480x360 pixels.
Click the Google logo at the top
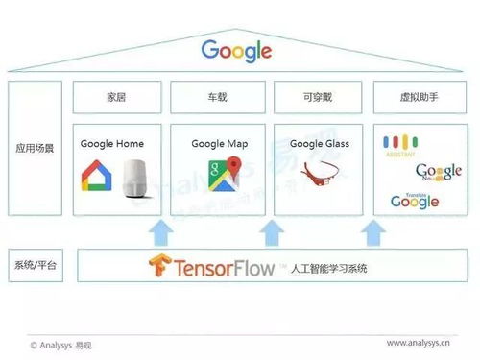(236, 51)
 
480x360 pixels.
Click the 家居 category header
(116, 97)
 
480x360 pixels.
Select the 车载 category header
(218, 97)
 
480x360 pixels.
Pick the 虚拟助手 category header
(420, 97)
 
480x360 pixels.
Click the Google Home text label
(111, 144)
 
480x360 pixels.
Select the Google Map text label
(219, 144)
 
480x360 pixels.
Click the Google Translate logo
(414, 200)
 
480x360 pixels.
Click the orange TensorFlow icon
(159, 266)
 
